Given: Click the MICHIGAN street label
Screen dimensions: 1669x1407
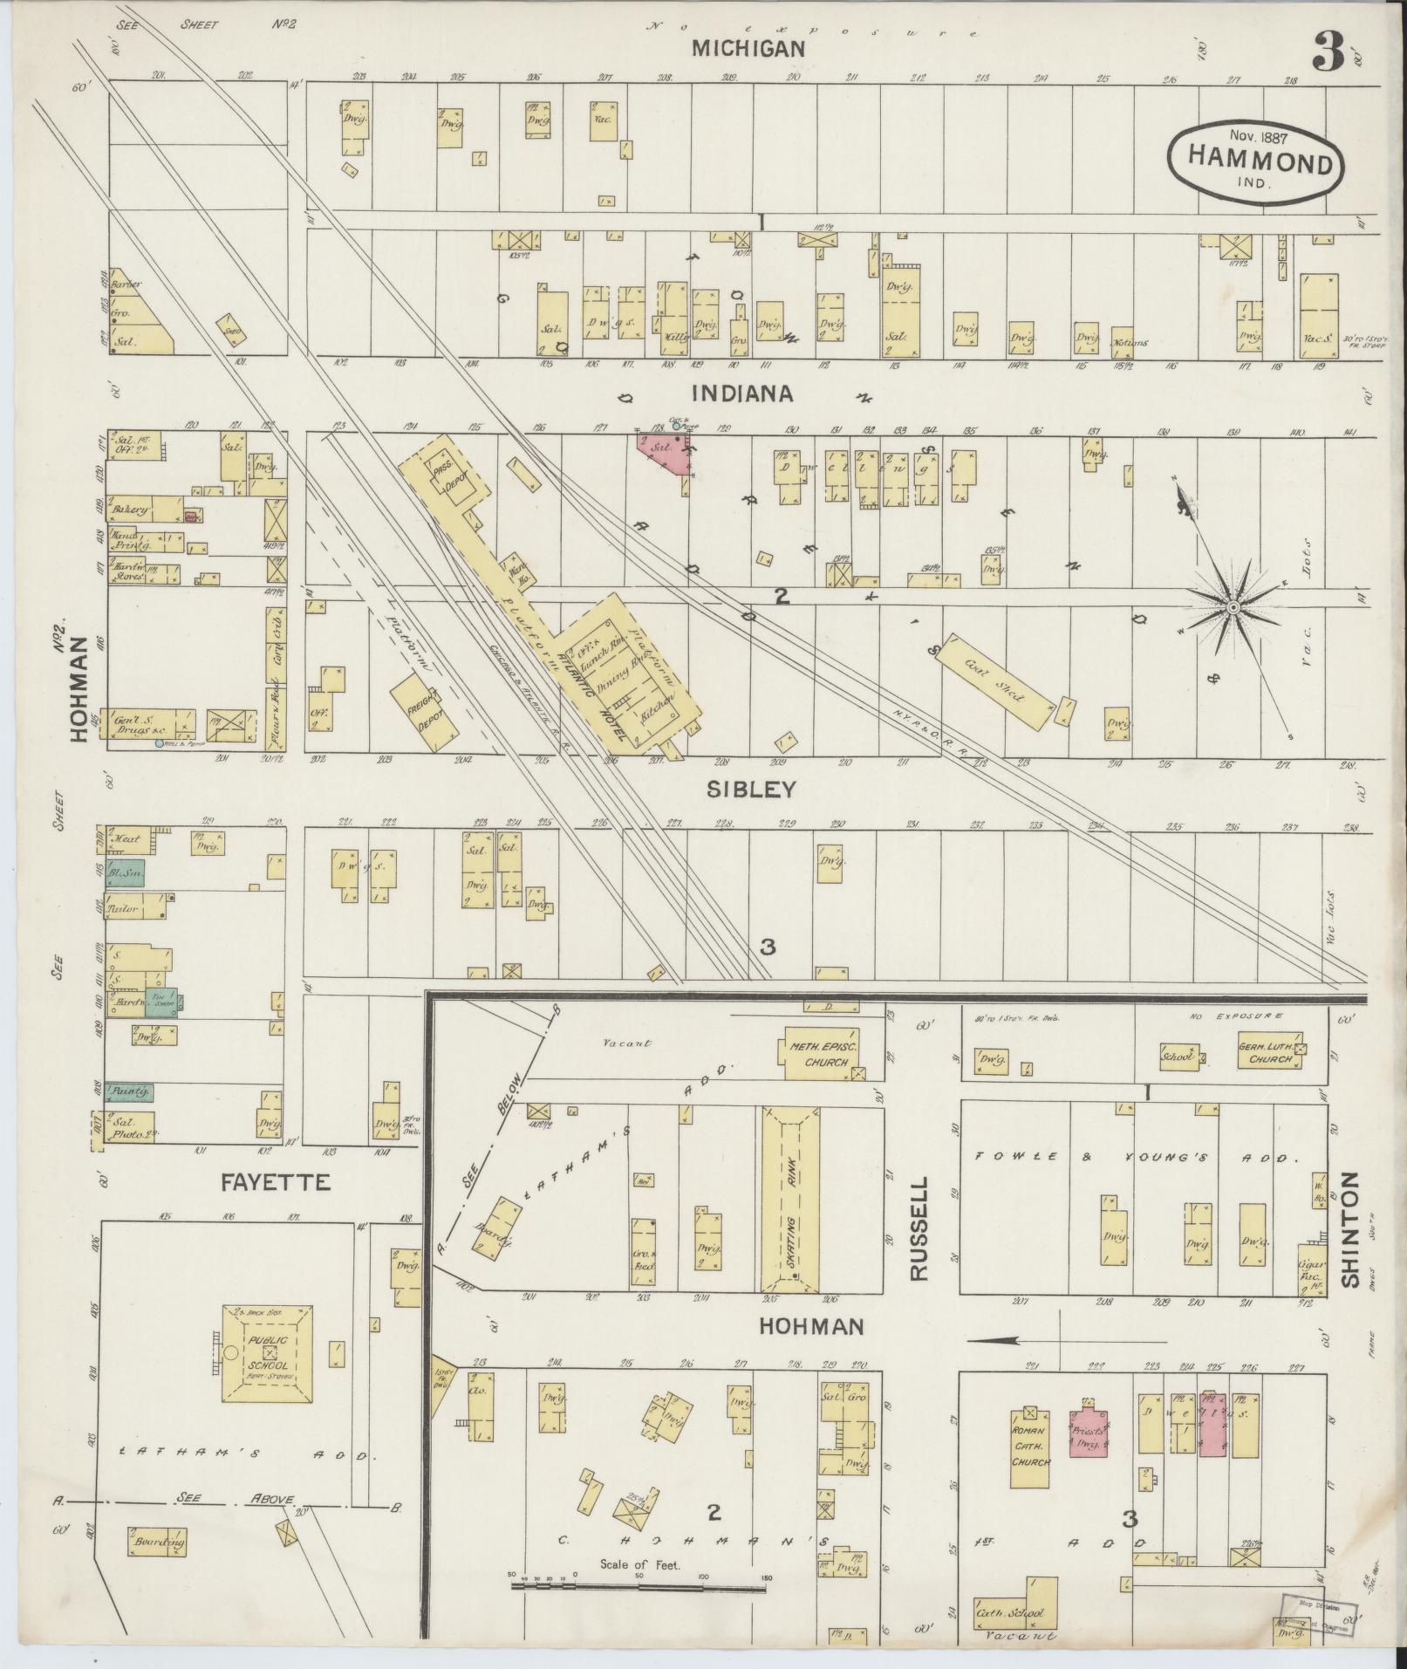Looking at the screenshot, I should (748, 49).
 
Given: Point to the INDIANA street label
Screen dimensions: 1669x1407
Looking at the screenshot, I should (742, 393).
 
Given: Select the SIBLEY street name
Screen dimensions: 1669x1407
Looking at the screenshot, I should (751, 790).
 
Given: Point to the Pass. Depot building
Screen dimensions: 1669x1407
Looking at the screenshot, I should (449, 476).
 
